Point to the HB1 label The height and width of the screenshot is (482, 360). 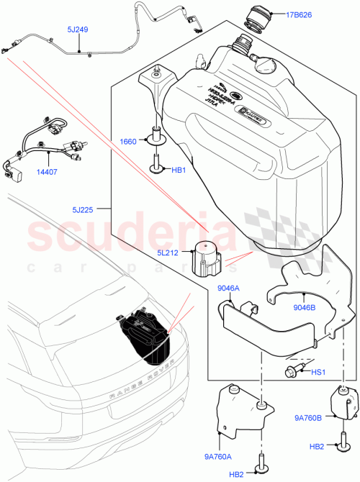(x=178, y=170)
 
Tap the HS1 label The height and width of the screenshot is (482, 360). (x=318, y=371)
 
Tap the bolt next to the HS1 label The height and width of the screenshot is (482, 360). (x=291, y=370)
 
